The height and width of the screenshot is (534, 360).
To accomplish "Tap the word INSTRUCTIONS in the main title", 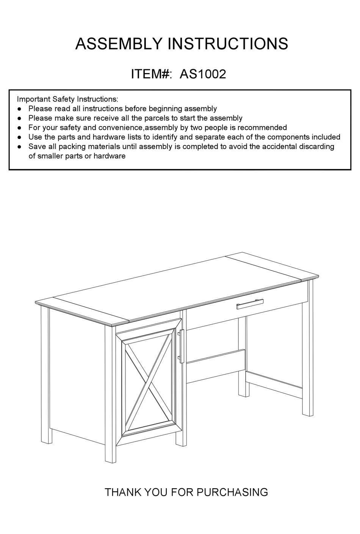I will tap(227, 44).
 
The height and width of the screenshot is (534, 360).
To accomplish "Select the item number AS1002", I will tap(203, 73).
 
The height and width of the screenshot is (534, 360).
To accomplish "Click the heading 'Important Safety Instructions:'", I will tap(67, 99).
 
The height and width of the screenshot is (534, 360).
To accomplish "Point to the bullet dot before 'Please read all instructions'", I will tap(19, 109).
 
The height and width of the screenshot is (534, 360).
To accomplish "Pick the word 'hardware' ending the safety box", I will tap(110, 156).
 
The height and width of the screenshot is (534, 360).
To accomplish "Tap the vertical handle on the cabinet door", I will tap(182, 345).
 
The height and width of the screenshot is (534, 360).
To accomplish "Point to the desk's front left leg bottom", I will tap(110, 456).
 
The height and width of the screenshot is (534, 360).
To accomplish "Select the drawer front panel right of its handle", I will tap(284, 298).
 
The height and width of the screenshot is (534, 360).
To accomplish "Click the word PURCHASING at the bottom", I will tap(232, 492).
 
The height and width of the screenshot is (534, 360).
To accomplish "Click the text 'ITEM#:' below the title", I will tap(151, 73).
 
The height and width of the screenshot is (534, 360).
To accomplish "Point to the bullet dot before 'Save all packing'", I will tap(19, 147).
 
